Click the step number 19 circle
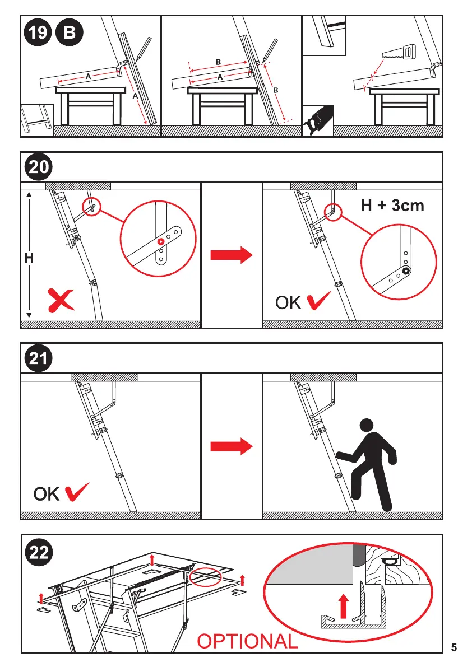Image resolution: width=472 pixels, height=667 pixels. [38, 32]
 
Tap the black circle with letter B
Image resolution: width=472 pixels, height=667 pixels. [70, 32]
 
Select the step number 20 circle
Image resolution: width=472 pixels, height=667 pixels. [38, 167]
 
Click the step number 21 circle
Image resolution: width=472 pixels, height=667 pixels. [38, 358]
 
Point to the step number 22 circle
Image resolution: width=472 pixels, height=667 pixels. [39, 553]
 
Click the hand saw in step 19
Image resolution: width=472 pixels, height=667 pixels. [399, 53]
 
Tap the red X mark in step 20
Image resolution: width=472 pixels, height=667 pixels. [61, 300]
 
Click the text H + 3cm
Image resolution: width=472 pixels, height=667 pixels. [392, 206]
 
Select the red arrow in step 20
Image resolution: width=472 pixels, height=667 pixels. [232, 255]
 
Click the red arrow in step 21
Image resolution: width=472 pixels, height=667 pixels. [232, 446]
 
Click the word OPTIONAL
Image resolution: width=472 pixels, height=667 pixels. [247, 641]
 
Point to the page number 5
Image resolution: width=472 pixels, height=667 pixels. [454, 647]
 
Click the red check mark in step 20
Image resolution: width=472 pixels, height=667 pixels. [318, 300]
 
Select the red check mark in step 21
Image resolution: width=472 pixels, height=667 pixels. [77, 492]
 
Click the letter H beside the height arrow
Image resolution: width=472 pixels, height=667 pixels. [29, 258]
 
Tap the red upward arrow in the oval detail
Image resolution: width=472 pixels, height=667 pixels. [344, 606]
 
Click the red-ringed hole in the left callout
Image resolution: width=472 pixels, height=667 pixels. [160, 241]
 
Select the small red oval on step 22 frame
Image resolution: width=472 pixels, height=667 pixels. [206, 577]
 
